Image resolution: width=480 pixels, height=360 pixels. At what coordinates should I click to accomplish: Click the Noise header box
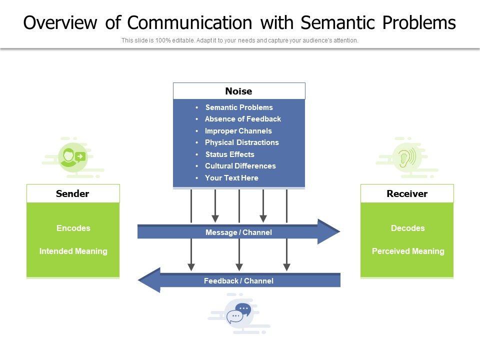[239, 91]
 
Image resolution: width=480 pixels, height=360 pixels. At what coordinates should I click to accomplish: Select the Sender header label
[72, 193]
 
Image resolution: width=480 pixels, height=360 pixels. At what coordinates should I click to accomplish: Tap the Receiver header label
[407, 193]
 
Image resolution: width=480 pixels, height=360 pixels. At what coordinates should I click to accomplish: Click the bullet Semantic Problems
[239, 107]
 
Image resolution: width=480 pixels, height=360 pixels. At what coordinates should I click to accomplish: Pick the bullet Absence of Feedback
[242, 119]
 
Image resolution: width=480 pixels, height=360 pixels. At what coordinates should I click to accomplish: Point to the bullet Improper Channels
[238, 131]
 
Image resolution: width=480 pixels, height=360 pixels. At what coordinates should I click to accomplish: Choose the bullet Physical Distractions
[241, 142]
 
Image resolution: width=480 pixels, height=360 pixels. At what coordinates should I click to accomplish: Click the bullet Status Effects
[229, 154]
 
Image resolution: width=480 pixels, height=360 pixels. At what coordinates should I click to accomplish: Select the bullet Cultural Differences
[240, 166]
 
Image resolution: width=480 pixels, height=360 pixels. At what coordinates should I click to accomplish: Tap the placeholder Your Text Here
[231, 178]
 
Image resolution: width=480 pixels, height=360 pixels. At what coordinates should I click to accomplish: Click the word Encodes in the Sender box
[73, 228]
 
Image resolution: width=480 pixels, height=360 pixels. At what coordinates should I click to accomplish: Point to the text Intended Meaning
[73, 251]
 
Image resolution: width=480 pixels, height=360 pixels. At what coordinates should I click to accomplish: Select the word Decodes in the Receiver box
[407, 228]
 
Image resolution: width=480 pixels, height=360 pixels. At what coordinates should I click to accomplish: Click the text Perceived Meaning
[407, 251]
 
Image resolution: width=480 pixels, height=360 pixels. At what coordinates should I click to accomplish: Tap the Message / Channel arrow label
[238, 232]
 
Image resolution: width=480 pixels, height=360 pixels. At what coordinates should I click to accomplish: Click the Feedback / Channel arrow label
[238, 281]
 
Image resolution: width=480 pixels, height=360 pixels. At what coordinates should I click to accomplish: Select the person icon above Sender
[73, 157]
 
